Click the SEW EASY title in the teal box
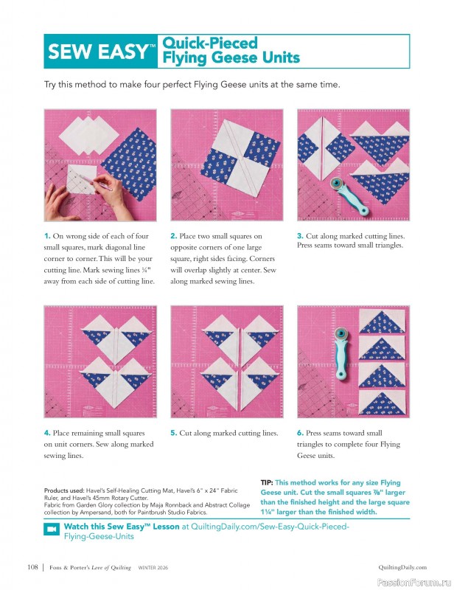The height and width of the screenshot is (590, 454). (97, 52)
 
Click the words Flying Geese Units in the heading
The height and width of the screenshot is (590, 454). (231, 58)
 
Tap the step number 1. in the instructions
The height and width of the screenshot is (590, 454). (47, 235)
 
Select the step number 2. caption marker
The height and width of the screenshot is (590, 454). (173, 235)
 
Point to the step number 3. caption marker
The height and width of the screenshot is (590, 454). (300, 235)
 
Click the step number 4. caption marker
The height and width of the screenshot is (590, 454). (47, 433)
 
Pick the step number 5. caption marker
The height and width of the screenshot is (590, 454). (173, 433)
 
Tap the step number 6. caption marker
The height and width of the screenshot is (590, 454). (300, 433)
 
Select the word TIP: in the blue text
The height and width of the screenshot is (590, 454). (267, 482)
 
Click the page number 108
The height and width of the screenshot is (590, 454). (32, 567)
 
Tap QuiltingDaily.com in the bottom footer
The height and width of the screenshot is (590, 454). (402, 567)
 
